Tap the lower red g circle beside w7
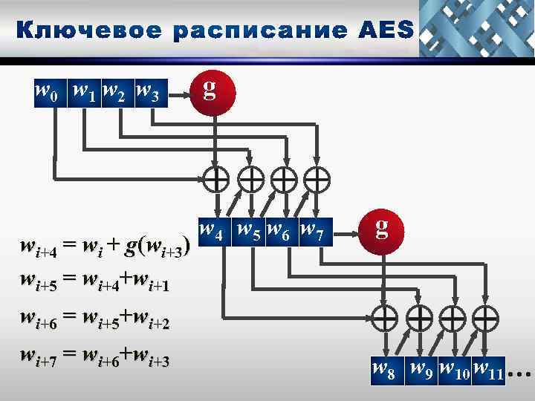click(x=381, y=228)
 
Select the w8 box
click(x=386, y=368)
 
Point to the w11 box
click(x=488, y=368)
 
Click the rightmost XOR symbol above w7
click(x=317, y=179)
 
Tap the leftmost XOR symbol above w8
click(x=386, y=318)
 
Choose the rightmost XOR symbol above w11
click(x=486, y=318)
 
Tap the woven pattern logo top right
click(x=476, y=28)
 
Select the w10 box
click(x=455, y=368)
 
